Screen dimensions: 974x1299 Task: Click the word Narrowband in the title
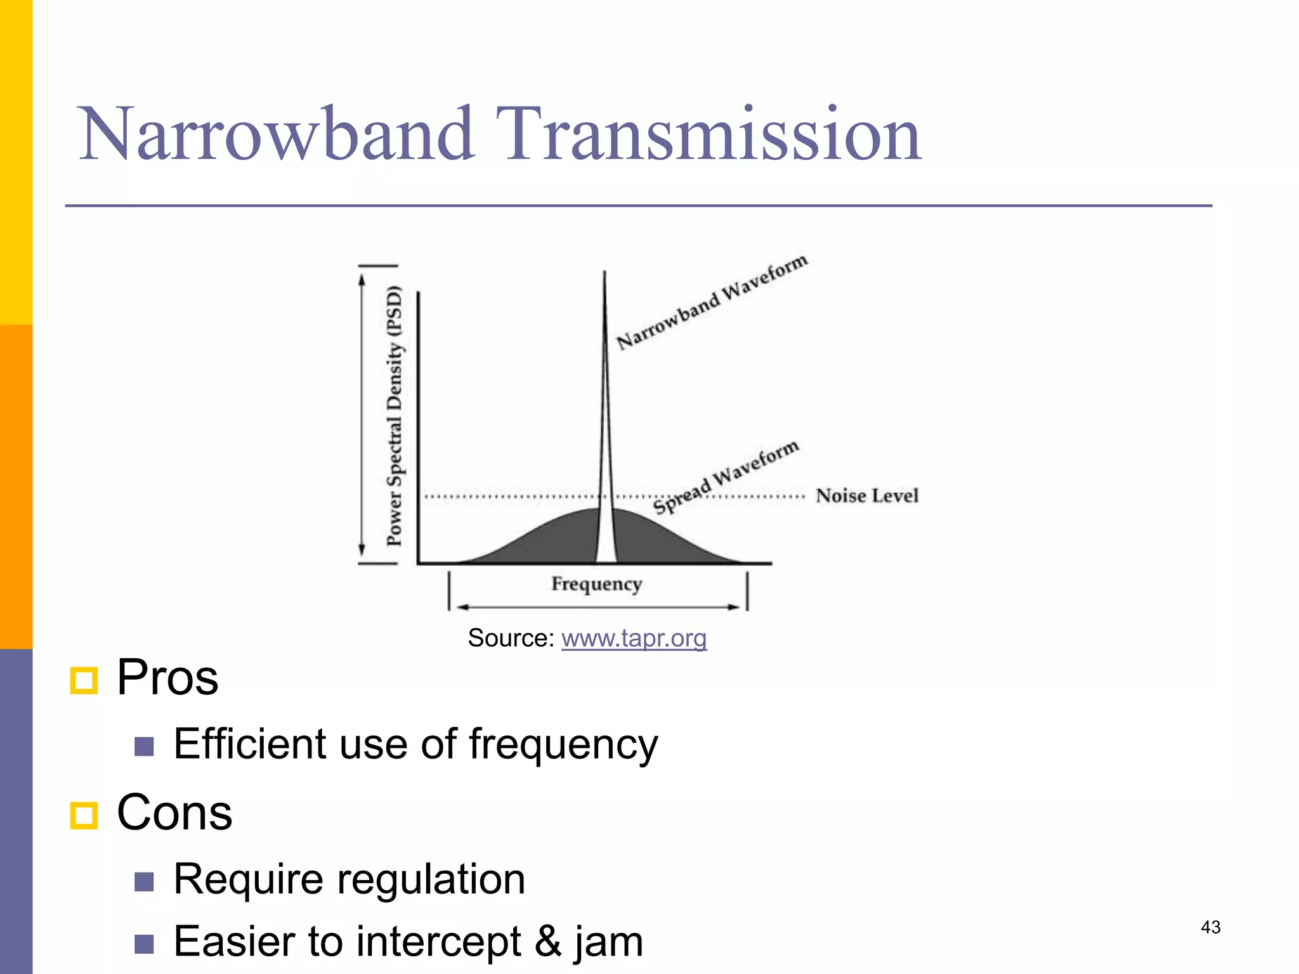click(x=276, y=135)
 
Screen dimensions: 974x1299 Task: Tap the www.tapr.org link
click(x=634, y=638)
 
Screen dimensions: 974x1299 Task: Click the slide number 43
click(x=1210, y=927)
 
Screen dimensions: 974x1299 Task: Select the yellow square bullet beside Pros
click(x=84, y=680)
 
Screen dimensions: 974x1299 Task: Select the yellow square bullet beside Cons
click(x=84, y=815)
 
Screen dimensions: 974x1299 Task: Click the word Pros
click(x=167, y=678)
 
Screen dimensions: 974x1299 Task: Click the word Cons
click(x=174, y=813)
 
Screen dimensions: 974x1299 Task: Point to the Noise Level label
click(x=866, y=496)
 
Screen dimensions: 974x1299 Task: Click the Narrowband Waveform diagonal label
click(x=712, y=302)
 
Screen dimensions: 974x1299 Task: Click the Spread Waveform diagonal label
click(x=726, y=477)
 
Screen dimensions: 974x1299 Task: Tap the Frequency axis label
click(x=596, y=583)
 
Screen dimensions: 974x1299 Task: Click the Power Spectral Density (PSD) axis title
click(x=395, y=415)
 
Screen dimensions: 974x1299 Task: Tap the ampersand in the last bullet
click(x=547, y=942)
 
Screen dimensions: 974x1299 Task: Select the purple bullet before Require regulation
click(x=144, y=881)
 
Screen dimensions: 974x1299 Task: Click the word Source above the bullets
click(x=511, y=638)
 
